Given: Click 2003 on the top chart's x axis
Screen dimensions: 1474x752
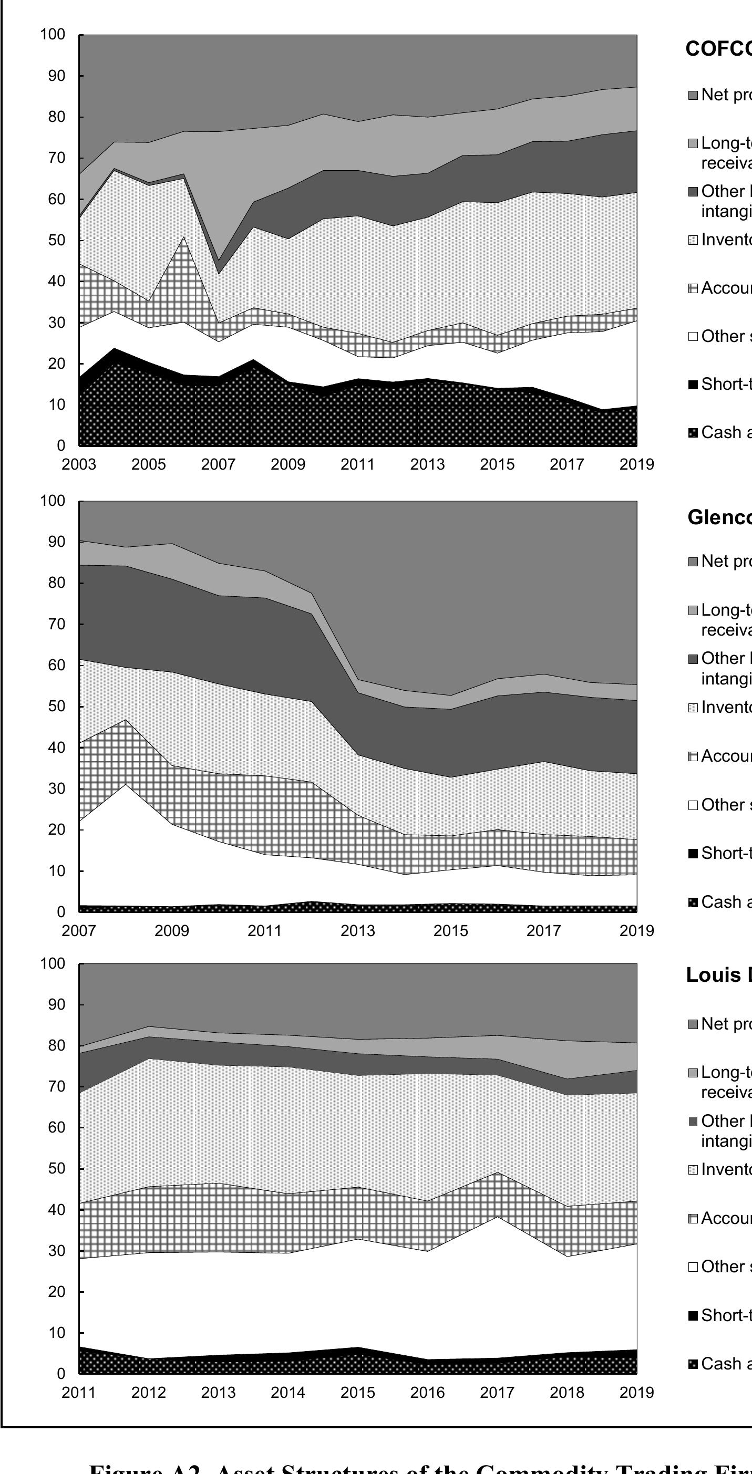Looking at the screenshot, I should (79, 464).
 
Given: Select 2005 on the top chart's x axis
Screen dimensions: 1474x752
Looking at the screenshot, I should (149, 464).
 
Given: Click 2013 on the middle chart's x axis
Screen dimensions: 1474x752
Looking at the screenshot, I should (358, 930).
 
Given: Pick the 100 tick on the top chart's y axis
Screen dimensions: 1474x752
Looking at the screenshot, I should (53, 35).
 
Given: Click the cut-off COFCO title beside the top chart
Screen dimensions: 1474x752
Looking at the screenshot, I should (718, 49).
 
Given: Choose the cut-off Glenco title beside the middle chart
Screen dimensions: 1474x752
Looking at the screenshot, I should (719, 517).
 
